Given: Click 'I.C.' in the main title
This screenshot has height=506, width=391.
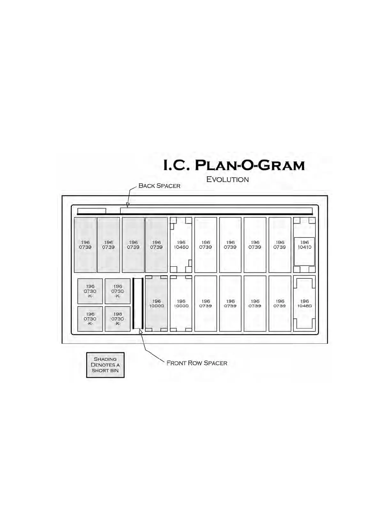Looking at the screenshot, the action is (176, 165).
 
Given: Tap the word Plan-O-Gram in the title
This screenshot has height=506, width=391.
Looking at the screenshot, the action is (249, 165).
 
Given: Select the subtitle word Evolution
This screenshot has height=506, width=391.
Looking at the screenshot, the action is (227, 180).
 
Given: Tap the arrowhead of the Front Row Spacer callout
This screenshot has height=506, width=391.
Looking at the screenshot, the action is (141, 332).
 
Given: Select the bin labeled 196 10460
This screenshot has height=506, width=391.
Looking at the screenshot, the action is (181, 245).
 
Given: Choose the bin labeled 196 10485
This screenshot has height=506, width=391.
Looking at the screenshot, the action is (304, 303).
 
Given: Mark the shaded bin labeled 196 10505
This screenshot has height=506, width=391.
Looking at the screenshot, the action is (157, 303).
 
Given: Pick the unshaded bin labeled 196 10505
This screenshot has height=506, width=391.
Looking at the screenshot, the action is (181, 303).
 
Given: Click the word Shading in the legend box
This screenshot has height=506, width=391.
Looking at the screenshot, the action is (105, 359).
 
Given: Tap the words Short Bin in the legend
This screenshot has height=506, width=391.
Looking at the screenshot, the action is (105, 371).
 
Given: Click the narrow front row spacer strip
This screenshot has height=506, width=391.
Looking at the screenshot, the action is (138, 303).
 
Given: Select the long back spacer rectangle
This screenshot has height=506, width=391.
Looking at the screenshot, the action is (216, 211).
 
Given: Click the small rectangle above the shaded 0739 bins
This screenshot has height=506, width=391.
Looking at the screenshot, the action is (92, 211).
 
